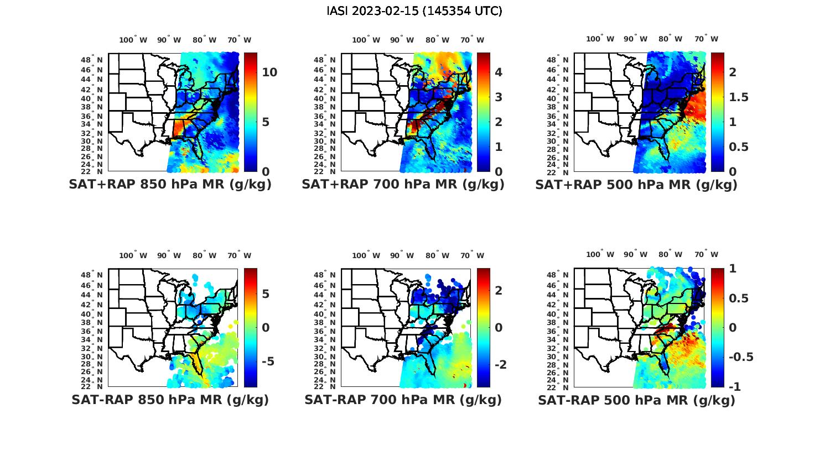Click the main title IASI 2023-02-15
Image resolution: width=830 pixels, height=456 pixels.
414,11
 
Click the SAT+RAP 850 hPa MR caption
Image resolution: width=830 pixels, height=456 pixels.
170,185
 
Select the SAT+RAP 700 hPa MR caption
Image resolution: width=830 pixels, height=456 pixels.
403,185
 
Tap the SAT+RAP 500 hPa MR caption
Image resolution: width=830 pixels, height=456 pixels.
636,185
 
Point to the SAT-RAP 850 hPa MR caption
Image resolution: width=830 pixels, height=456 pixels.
170,400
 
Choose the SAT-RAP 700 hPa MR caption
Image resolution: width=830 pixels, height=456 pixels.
403,400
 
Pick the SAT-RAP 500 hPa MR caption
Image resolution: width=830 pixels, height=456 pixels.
636,400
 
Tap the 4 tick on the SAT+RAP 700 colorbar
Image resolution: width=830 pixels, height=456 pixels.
498,72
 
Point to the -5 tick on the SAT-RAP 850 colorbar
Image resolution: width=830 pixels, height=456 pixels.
266,361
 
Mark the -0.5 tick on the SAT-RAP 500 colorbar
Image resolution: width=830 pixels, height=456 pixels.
741,357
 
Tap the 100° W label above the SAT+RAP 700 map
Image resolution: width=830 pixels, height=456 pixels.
366,40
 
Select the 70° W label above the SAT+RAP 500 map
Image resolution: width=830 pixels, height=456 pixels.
707,39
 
